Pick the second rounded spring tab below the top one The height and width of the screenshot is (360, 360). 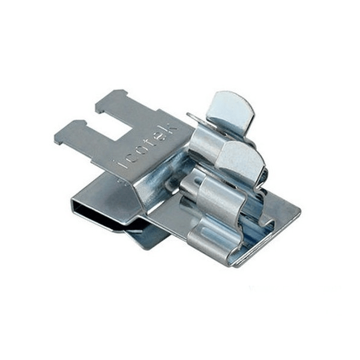pyautogui.click(x=241, y=156)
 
